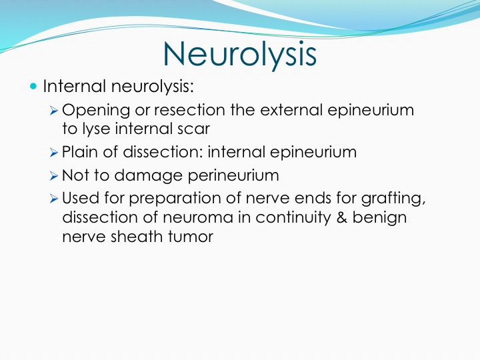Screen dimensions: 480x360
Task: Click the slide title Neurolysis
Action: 240,54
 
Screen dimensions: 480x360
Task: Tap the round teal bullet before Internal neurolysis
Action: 33,86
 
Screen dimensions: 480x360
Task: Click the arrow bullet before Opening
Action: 53,111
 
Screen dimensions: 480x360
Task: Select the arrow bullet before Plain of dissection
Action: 53,153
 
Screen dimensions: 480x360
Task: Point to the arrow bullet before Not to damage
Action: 53,176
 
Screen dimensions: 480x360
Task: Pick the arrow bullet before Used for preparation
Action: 53,199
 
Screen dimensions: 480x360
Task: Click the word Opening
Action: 96,110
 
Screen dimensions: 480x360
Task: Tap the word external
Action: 291,109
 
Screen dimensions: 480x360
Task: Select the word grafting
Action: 393,199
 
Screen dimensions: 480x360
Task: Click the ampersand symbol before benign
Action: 341,217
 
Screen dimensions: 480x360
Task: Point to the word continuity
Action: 293,217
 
